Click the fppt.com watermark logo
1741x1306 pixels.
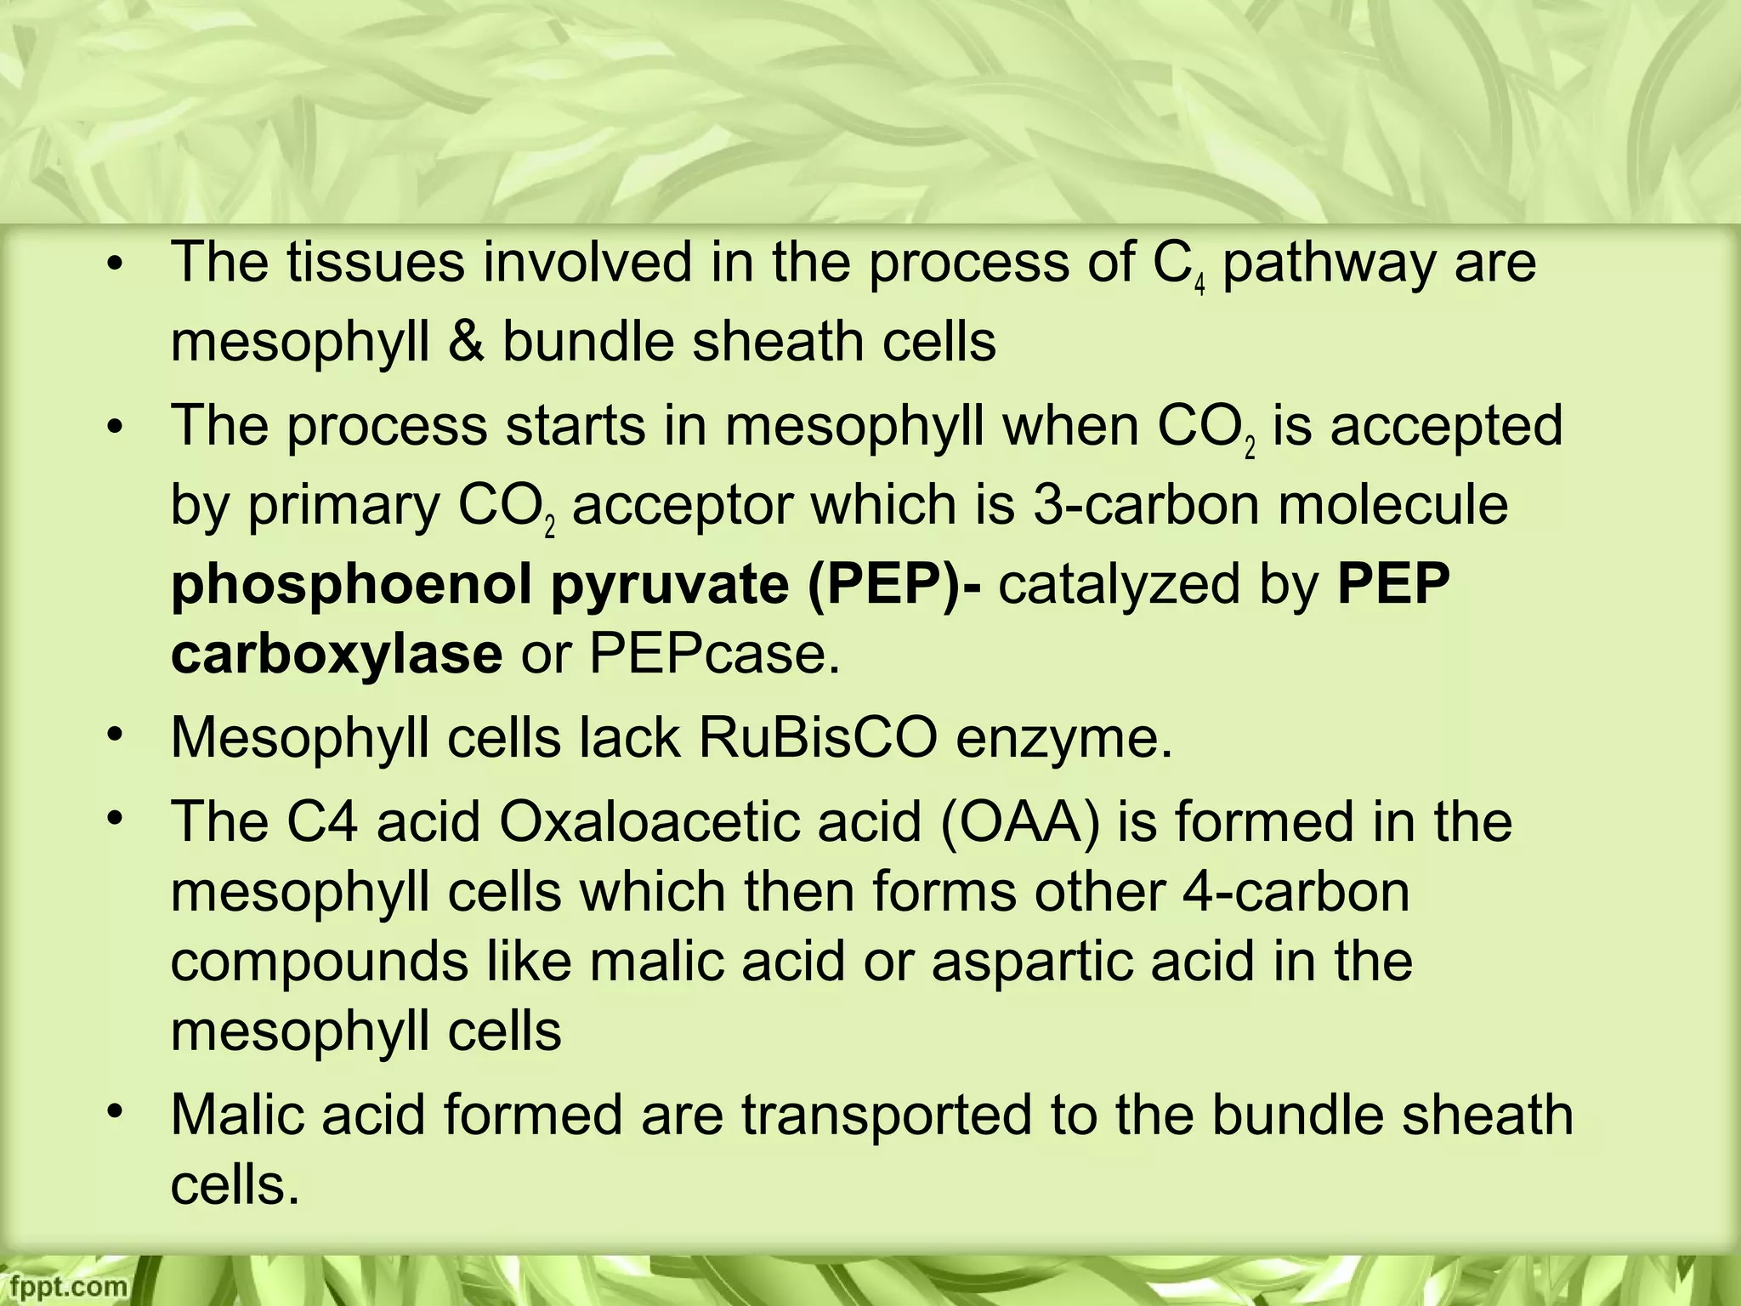coord(64,1286)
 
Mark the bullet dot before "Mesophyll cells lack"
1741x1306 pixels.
coord(116,733)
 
